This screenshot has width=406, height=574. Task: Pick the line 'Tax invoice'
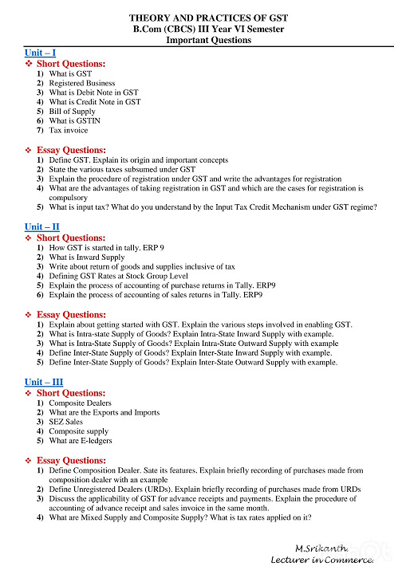point(69,130)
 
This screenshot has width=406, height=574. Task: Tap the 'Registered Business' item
point(82,83)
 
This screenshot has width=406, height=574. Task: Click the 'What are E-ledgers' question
point(81,441)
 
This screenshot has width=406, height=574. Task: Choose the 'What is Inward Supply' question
point(87,258)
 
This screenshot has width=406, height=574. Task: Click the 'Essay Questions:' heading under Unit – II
point(71,315)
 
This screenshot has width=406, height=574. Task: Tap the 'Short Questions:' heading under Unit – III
point(71,393)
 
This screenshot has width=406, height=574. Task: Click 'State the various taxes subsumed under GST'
point(122,170)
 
